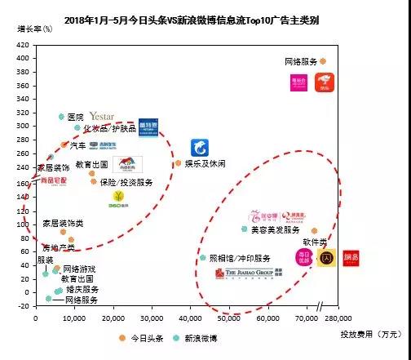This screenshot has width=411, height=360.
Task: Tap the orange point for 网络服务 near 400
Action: (x=323, y=61)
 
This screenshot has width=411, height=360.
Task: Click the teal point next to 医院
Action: (x=61, y=117)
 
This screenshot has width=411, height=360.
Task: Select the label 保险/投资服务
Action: (x=125, y=182)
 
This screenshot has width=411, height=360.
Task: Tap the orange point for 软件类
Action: (x=315, y=232)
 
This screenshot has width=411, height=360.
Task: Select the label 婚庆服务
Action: (x=82, y=289)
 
